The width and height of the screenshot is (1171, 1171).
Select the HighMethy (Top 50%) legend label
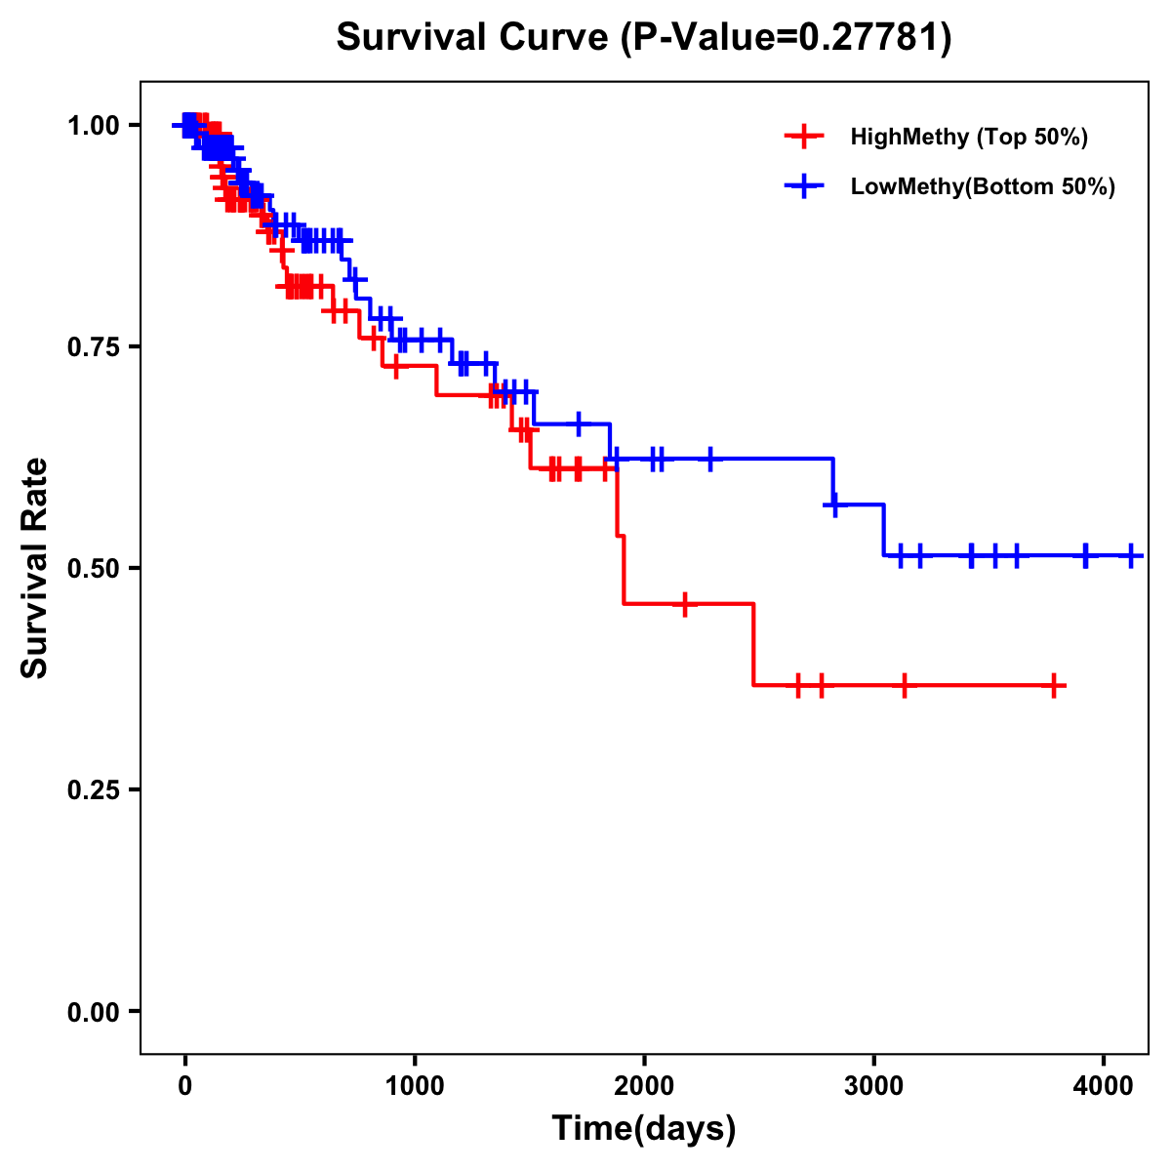pos(968,137)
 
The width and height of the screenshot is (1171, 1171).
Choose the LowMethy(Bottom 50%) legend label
pos(983,187)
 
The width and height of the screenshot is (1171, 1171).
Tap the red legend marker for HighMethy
pos(804,137)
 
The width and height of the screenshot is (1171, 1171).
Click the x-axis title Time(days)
pos(644,1129)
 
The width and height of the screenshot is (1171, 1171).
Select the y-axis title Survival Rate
pos(35,568)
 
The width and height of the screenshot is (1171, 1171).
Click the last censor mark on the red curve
pos(1054,686)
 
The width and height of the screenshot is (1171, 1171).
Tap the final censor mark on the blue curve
pos(1130,555)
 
